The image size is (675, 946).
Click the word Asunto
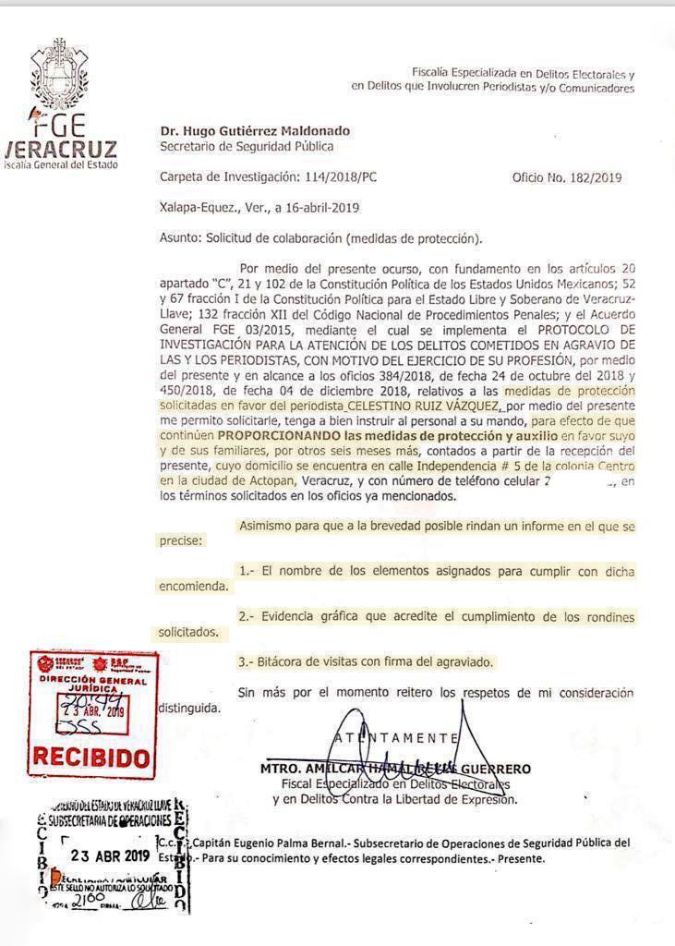180,238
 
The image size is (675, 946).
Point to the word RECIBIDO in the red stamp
90,758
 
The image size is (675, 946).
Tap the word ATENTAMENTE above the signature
396,737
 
